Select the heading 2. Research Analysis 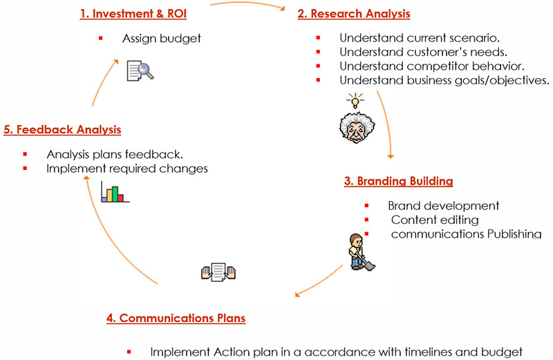click(354, 13)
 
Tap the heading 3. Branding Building click(398, 181)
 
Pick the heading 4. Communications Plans click(176, 318)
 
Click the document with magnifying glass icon click(140, 70)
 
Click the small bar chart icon click(115, 191)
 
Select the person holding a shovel click(358, 252)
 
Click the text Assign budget click(162, 39)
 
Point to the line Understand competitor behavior click(432, 66)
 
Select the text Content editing click(435, 220)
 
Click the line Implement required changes click(126, 168)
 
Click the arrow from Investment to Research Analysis click(249, 5)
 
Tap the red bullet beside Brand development click(367, 206)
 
